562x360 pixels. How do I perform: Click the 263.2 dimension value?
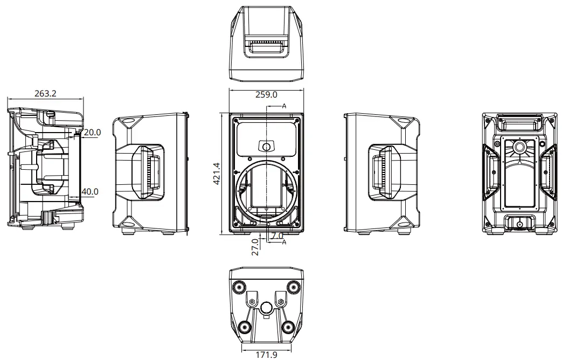46,93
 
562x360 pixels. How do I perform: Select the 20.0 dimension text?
92,132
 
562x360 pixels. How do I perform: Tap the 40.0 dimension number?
90,191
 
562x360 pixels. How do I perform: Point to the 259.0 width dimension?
266,94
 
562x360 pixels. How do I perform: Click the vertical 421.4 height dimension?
216,174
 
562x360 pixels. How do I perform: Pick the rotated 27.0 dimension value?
255,247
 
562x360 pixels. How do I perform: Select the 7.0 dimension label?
277,236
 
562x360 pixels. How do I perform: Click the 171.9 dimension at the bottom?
266,355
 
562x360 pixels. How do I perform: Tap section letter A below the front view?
284,242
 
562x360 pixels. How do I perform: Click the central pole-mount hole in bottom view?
266,308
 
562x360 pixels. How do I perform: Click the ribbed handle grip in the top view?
266,41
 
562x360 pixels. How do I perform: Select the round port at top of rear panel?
519,147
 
